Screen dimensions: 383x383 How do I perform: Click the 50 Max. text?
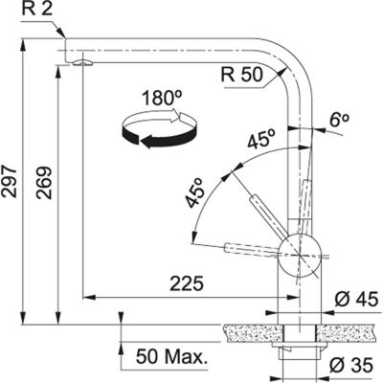(171, 357)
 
